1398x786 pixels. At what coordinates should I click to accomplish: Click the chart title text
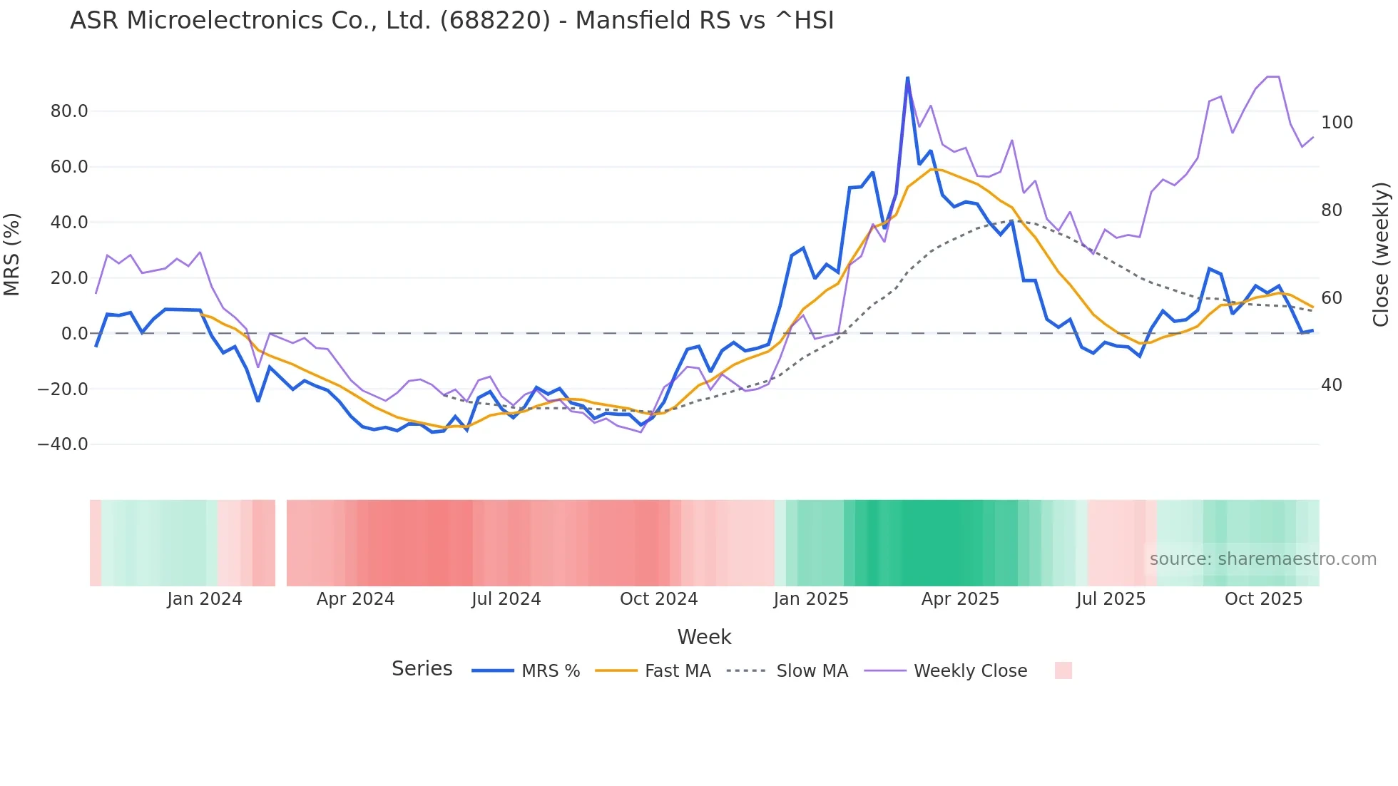pos(451,21)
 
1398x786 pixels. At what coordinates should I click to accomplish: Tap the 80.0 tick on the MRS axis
pos(69,111)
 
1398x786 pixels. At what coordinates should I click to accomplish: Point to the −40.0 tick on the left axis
pos(63,444)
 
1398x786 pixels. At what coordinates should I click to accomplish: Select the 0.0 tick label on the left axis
pos(74,334)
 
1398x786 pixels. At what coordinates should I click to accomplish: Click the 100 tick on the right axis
pos(1337,123)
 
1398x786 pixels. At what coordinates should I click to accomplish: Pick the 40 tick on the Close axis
pos(1331,385)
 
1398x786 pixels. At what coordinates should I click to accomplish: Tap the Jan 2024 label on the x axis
pos(205,599)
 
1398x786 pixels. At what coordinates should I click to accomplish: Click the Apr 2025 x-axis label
pos(960,599)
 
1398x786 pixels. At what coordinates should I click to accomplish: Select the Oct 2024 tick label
pos(658,599)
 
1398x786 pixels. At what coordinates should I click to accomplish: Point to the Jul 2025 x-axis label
pos(1111,599)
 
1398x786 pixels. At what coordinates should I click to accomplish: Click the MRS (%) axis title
pos(11,254)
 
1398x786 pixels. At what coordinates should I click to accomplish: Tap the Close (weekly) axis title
pos(1382,254)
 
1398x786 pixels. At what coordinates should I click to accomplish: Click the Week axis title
pos(704,637)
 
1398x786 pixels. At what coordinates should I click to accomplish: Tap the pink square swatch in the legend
pos(1063,670)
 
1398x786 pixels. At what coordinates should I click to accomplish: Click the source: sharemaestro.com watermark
pos(1262,559)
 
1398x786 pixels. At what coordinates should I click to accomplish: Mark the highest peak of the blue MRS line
pos(907,78)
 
